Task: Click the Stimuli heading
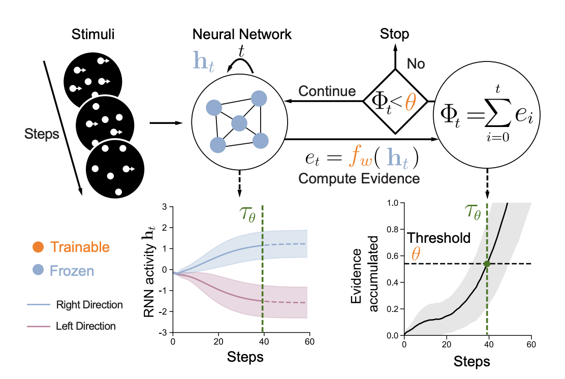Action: [x=92, y=35]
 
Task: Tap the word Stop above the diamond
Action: [x=394, y=35]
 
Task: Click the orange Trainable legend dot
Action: [x=38, y=247]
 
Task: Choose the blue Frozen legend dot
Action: [x=38, y=270]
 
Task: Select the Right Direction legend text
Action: [x=89, y=305]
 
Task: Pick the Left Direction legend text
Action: [x=86, y=326]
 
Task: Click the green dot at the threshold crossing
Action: [x=487, y=264]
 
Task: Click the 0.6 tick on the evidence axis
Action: [x=391, y=256]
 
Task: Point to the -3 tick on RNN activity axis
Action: [x=165, y=332]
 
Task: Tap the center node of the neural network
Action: [x=239, y=123]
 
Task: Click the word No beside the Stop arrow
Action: [x=416, y=64]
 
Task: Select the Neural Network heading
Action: [x=242, y=35]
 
